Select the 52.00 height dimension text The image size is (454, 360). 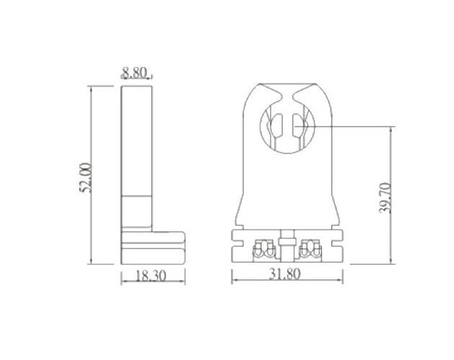pos(86,176)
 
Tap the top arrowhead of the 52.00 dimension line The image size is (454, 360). pos(91,88)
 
